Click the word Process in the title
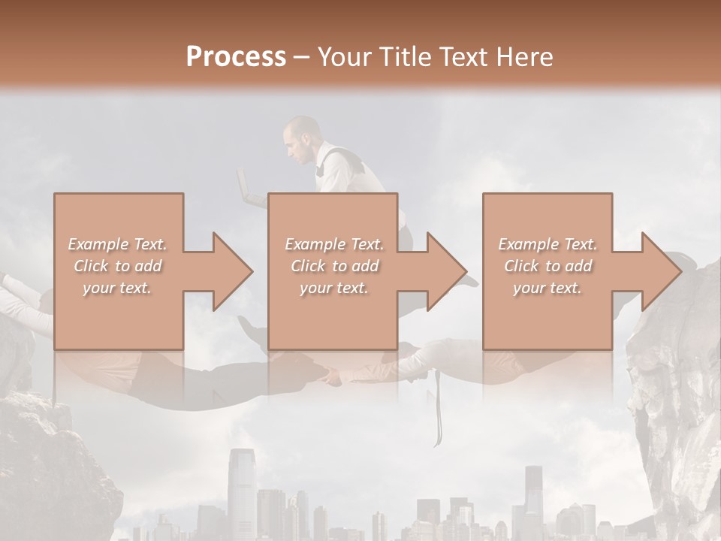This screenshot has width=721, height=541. [236, 57]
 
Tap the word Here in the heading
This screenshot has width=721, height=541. [526, 57]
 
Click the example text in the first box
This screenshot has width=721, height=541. [118, 265]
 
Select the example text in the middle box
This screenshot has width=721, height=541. [333, 265]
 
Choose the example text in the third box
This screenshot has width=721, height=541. [548, 265]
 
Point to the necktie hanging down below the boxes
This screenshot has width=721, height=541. [436, 410]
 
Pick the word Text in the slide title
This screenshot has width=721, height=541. [467, 57]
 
